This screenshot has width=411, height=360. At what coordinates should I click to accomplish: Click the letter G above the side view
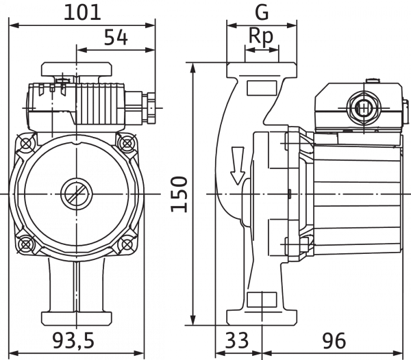[260, 12]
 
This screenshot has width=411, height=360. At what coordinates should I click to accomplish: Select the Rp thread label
[260, 36]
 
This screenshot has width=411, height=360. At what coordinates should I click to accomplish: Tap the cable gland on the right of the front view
[147, 107]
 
